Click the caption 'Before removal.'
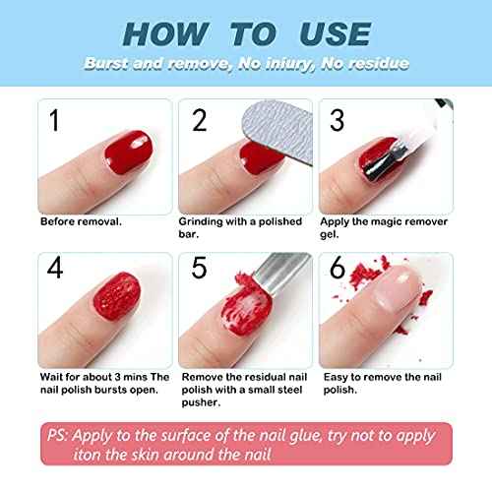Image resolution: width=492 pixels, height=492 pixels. (82, 221)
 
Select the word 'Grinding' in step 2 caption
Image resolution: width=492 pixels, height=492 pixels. (204, 221)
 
